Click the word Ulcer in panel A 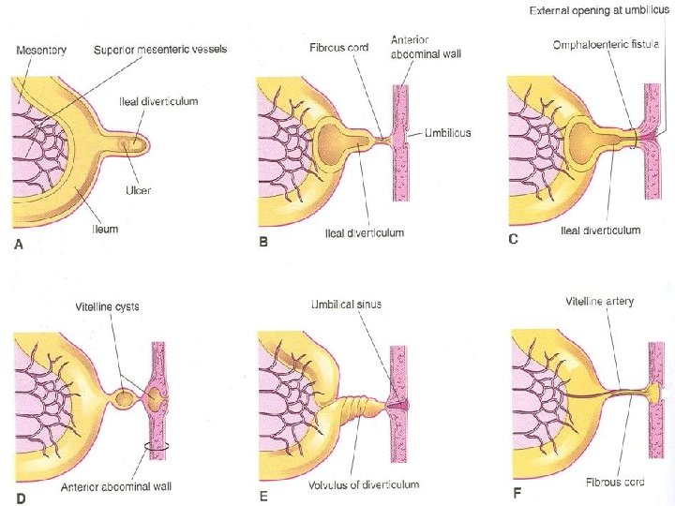(137, 191)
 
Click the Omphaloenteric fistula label (613, 43)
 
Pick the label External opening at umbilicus (599, 11)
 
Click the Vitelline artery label (600, 302)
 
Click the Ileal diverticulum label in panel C (600, 230)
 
